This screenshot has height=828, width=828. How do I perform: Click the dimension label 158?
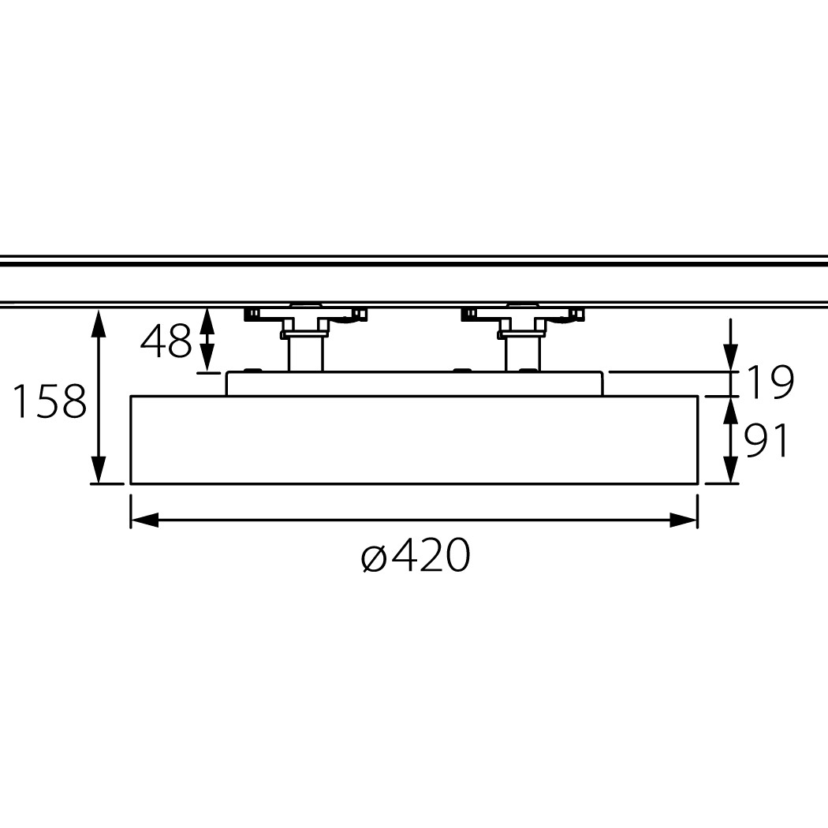(49, 401)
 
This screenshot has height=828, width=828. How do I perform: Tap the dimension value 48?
(166, 341)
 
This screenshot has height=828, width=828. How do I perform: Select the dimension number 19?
(770, 382)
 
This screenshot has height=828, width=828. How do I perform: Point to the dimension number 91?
(766, 440)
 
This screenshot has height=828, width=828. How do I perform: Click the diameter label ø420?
(415, 555)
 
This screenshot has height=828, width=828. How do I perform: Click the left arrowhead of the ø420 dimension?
(144, 520)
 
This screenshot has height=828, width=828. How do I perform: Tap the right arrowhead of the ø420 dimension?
(684, 520)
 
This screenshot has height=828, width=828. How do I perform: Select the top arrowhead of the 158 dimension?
(99, 323)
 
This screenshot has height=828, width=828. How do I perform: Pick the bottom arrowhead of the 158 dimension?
(99, 469)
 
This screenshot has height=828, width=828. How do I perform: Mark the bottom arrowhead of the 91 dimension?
(730, 469)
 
